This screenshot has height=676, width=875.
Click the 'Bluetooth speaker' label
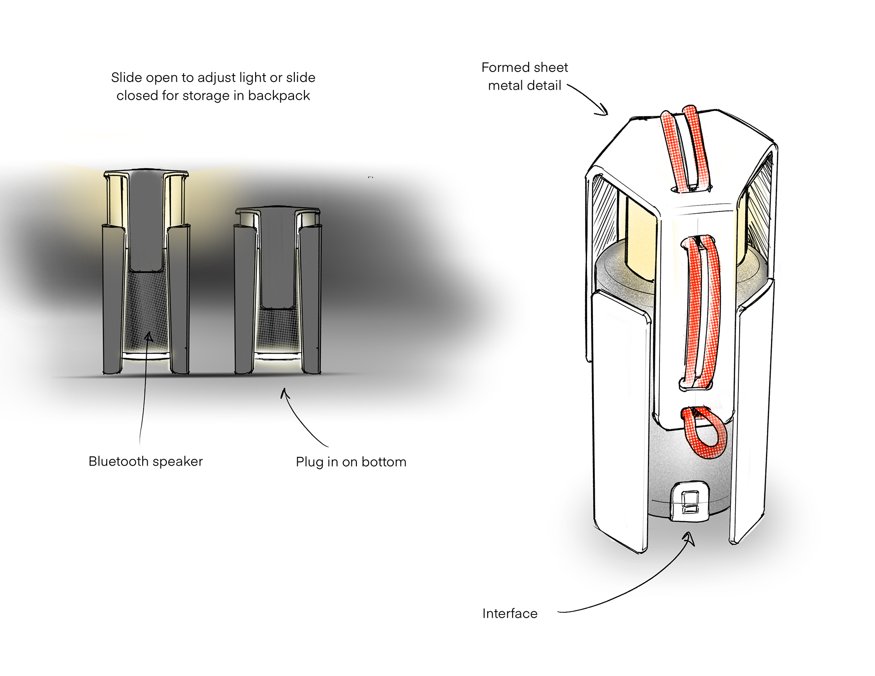145,461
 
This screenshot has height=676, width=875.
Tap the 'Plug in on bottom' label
351,462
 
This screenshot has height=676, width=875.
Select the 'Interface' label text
510,614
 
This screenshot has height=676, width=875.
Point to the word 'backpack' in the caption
279,96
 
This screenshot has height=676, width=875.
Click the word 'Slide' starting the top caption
127,77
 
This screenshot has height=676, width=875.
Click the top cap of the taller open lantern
146,173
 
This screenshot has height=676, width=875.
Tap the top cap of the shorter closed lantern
278,210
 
